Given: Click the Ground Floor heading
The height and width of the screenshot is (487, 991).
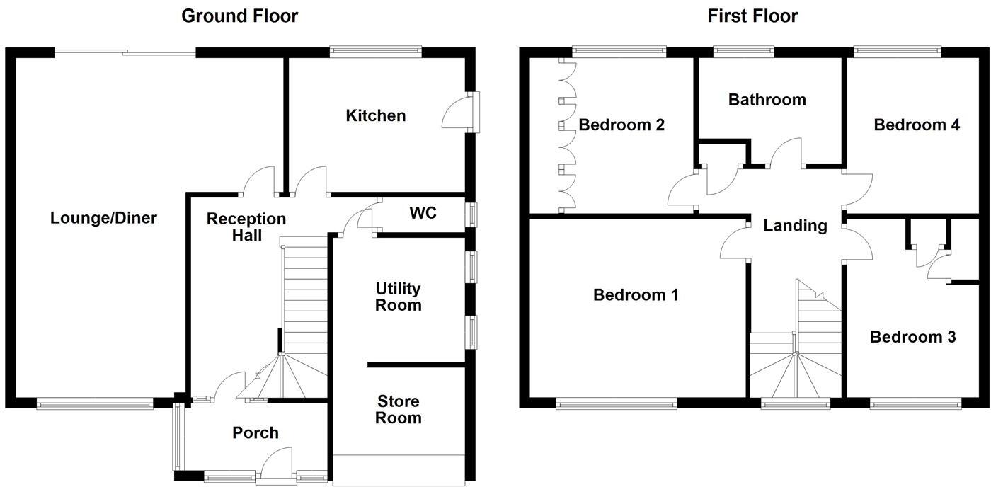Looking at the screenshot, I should pos(239,16).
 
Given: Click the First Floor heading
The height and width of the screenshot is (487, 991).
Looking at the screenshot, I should pos(752,16).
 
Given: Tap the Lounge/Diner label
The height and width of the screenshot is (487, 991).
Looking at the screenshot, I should pos(103,218).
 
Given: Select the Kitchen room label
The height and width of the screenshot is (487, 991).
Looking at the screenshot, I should pos(375,115).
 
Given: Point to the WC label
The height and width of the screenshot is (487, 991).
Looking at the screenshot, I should pos(423,213).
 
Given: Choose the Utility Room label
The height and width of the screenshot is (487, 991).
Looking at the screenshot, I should pos(398,297).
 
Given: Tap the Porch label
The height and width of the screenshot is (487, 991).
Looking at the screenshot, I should pos(256,432).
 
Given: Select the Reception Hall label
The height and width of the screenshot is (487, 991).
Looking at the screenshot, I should pos(236,227).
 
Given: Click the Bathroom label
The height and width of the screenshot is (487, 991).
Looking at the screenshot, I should pos(767,100).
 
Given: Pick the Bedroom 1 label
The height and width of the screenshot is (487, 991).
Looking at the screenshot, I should pos(636,294).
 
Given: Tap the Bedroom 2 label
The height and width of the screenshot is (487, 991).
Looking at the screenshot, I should pos(621,125).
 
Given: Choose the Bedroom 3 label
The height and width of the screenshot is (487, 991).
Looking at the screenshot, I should pos(913,337).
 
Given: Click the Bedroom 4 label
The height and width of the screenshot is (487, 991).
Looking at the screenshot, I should pos(917,125).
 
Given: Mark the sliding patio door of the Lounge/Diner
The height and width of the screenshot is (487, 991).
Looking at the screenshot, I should pos(125,52).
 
